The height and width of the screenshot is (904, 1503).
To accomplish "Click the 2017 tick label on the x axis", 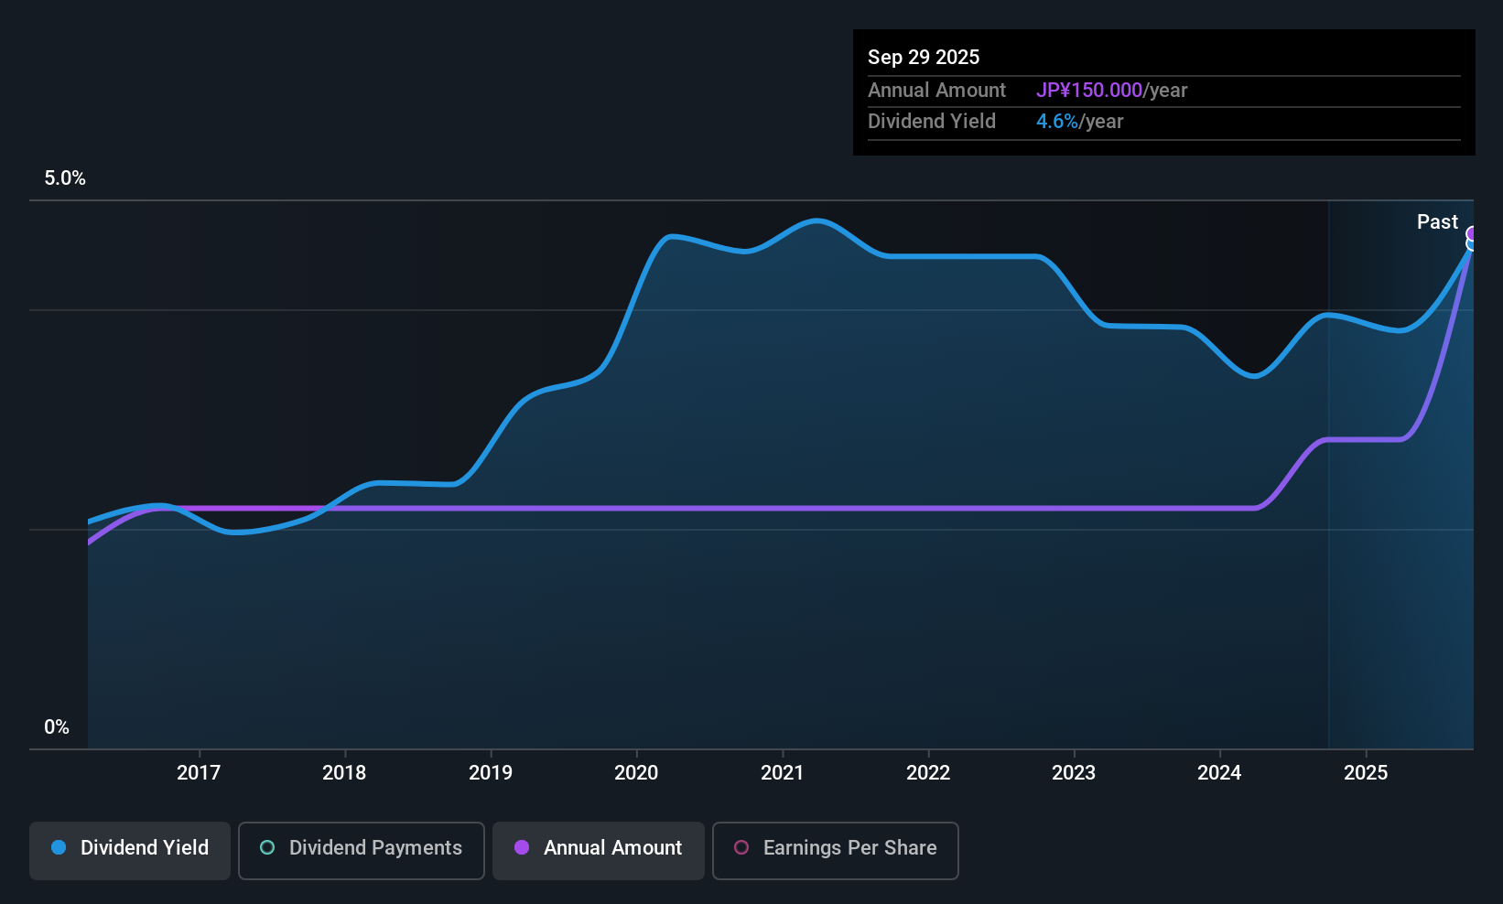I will point(199,772).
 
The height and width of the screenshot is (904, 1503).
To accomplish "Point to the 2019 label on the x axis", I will point(491,772).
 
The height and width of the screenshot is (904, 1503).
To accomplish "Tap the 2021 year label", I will point(782,772).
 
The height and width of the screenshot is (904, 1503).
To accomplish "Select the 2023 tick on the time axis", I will point(1074,772).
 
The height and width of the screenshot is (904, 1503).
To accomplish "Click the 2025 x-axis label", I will point(1365,772).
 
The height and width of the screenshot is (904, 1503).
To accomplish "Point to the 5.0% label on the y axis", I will point(65,178).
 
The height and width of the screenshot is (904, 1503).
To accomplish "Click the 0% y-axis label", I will point(57,727).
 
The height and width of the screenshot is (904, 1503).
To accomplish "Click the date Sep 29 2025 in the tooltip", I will point(924,57).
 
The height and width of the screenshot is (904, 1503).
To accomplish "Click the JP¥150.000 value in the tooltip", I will point(1088,90).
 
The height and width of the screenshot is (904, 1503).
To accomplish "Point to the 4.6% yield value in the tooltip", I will point(1056,121).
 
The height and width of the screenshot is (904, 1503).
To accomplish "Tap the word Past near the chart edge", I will point(1437,221).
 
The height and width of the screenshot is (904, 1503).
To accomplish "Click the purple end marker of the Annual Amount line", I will point(1473,234).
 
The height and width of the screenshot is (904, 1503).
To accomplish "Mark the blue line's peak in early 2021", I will point(816,221).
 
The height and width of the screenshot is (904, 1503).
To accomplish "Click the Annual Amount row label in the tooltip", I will point(936,90).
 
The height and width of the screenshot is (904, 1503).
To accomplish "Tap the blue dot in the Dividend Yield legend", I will point(59,847).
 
